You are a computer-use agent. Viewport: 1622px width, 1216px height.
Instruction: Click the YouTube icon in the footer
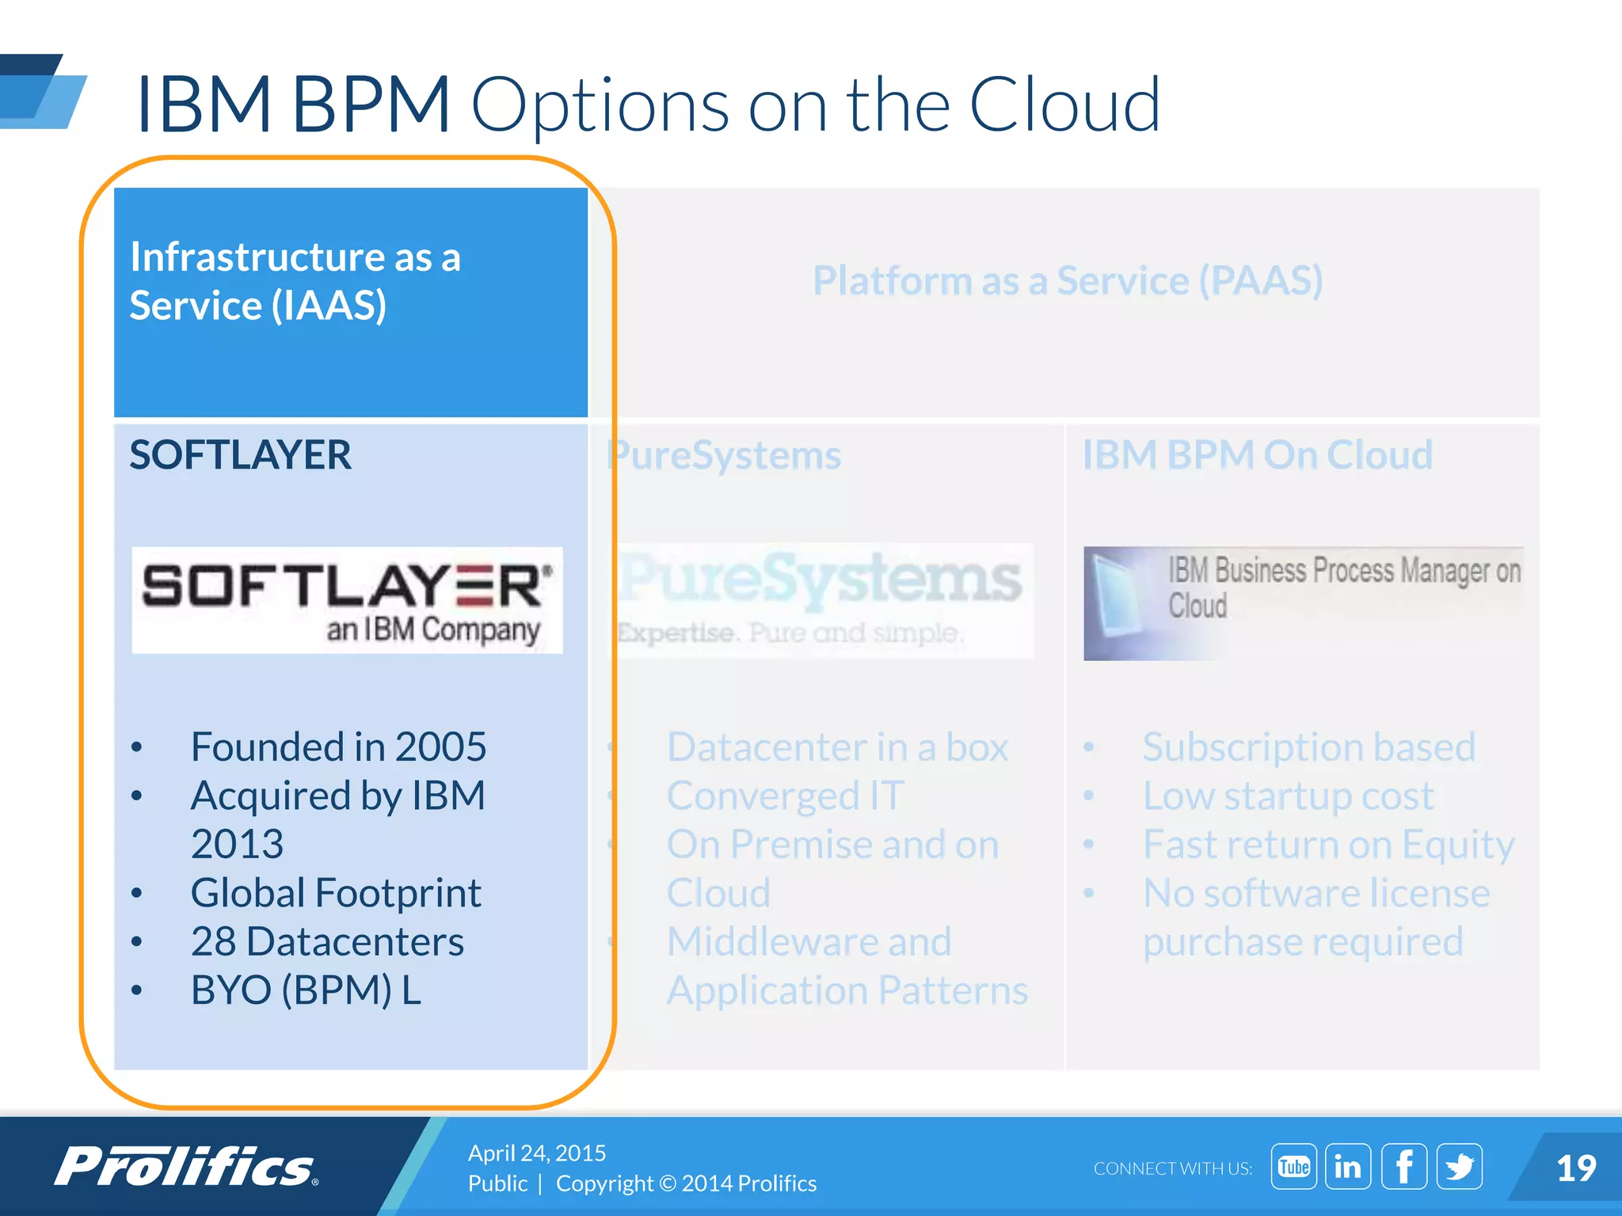(x=1293, y=1166)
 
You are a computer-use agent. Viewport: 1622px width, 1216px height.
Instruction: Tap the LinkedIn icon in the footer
(x=1348, y=1166)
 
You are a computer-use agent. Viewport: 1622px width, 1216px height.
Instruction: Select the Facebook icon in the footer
(x=1404, y=1166)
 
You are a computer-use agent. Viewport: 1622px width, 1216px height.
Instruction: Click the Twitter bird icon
(x=1459, y=1166)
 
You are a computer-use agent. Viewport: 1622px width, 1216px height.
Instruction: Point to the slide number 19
(x=1575, y=1168)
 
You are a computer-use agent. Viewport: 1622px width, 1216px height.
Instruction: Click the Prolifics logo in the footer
(x=186, y=1166)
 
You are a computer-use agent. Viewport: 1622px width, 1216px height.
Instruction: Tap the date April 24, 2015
(x=537, y=1153)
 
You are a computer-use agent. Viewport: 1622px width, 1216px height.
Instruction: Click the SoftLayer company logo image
(x=347, y=599)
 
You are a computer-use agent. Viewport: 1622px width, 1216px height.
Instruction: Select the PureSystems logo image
(x=821, y=599)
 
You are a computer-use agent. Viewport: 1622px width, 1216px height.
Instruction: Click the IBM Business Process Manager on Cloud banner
(x=1303, y=602)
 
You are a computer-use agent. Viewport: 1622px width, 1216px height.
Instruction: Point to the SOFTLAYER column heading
(x=240, y=455)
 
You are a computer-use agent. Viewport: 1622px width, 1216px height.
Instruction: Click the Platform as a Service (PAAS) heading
(x=1068, y=281)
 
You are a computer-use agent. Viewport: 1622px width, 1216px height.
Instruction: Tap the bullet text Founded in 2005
(x=338, y=747)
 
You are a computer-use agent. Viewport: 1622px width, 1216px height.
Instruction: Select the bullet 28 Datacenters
(x=327, y=941)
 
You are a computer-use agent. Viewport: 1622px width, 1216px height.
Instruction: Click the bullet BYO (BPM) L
(x=306, y=990)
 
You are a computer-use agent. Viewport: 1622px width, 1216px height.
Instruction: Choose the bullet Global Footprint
(x=336, y=893)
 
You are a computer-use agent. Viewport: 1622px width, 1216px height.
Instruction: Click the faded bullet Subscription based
(x=1308, y=747)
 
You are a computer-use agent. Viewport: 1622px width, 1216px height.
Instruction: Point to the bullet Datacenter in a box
(x=837, y=747)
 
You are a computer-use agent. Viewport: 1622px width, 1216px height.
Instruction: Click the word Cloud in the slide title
(x=1064, y=104)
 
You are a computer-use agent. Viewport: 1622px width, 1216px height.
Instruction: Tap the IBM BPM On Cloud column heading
(x=1258, y=455)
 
